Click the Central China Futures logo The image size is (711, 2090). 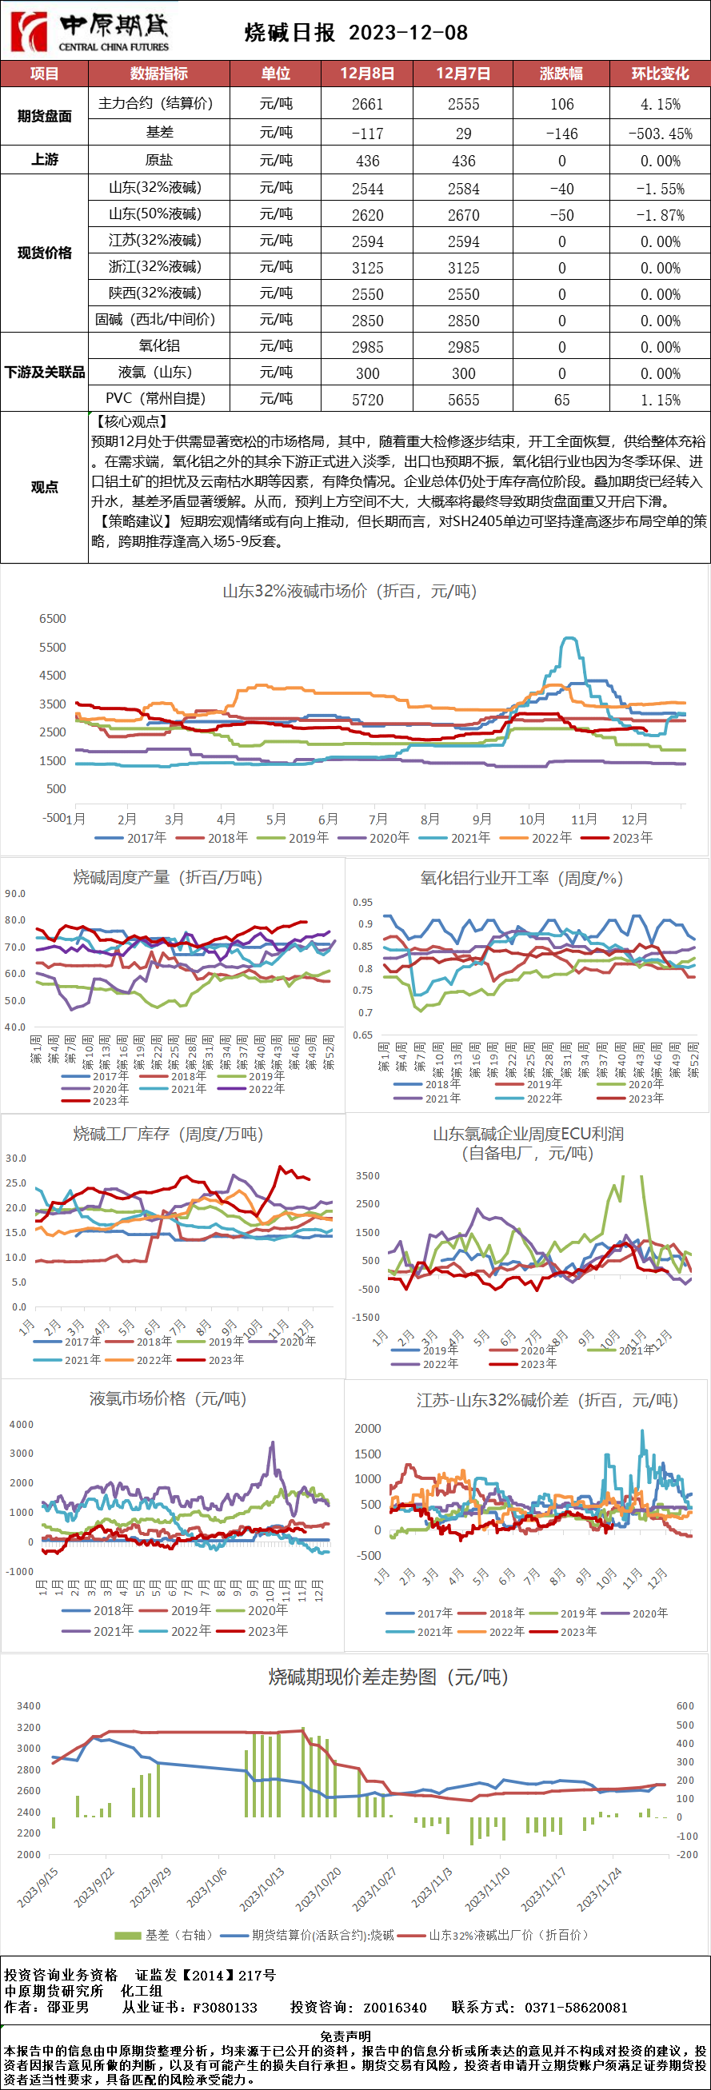click(90, 31)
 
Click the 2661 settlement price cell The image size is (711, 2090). click(367, 104)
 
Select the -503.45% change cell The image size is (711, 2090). click(660, 133)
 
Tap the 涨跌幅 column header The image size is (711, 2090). click(561, 73)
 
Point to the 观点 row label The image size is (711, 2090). click(45, 487)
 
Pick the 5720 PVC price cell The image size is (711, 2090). click(367, 399)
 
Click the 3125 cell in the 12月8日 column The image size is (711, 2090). click(367, 268)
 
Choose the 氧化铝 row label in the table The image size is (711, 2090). click(159, 345)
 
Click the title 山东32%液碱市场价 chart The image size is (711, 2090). click(350, 591)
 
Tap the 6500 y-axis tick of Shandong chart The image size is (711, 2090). click(53, 618)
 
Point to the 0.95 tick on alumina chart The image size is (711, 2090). click(363, 902)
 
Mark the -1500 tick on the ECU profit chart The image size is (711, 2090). click(365, 1317)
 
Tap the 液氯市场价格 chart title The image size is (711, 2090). click(168, 1398)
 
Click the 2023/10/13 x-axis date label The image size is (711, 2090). click(263, 1888)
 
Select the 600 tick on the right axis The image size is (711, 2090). click(685, 1705)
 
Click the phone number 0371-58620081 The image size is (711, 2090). click(577, 2007)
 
